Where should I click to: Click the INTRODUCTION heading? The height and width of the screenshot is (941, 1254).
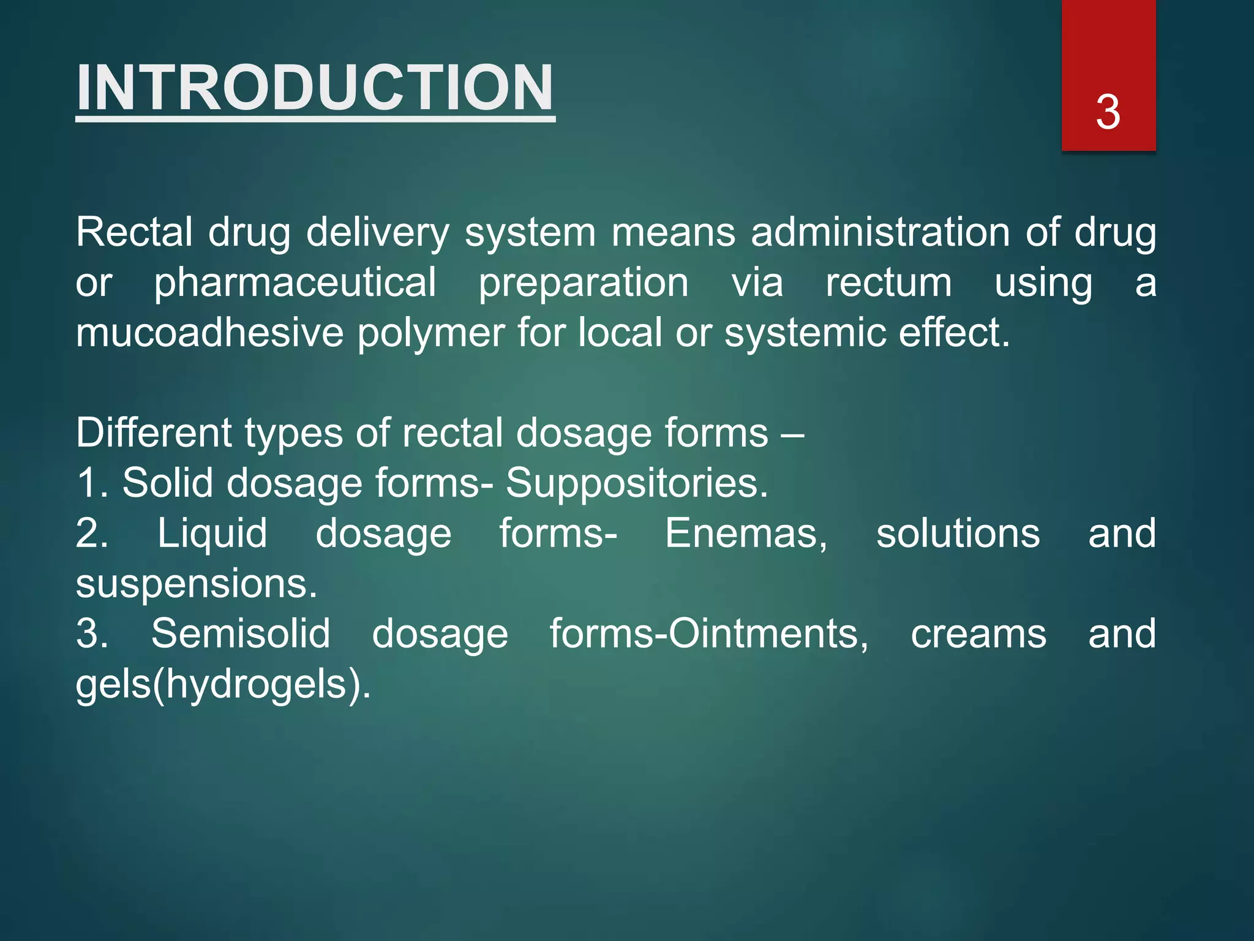click(315, 88)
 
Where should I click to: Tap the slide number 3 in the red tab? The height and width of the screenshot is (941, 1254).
click(1108, 113)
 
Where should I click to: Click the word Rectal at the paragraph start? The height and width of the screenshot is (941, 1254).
click(134, 233)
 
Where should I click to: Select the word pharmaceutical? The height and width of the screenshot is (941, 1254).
click(295, 283)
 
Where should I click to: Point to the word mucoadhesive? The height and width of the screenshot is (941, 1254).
click(209, 333)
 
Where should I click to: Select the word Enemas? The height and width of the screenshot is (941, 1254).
click(746, 534)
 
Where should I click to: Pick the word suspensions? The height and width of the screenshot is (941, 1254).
click(196, 584)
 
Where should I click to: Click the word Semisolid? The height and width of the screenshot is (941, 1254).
click(241, 634)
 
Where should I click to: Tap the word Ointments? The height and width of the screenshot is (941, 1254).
click(768, 634)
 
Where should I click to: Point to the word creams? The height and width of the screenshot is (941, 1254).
click(978, 634)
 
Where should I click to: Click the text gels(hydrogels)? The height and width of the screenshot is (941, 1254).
click(223, 684)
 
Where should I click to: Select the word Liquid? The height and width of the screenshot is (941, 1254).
click(212, 534)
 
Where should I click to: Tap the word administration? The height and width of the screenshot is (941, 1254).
click(880, 233)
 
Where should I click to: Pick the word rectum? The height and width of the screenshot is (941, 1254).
click(888, 283)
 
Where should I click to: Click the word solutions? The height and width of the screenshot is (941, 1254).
click(958, 534)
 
